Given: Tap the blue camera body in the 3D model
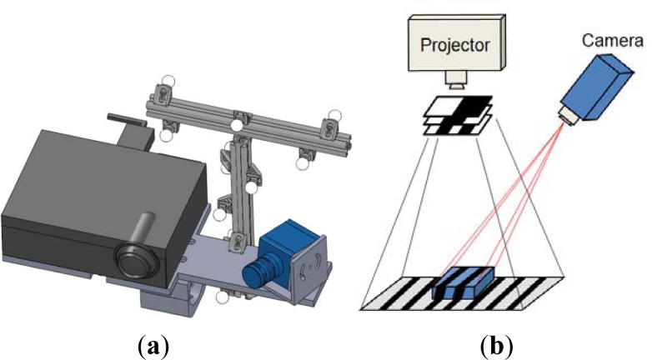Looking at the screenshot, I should tap(288, 246).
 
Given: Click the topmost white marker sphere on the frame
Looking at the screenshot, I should tap(168, 82).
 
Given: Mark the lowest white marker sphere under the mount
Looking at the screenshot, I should tap(221, 296).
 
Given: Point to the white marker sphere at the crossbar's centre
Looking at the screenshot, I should tap(238, 126).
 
